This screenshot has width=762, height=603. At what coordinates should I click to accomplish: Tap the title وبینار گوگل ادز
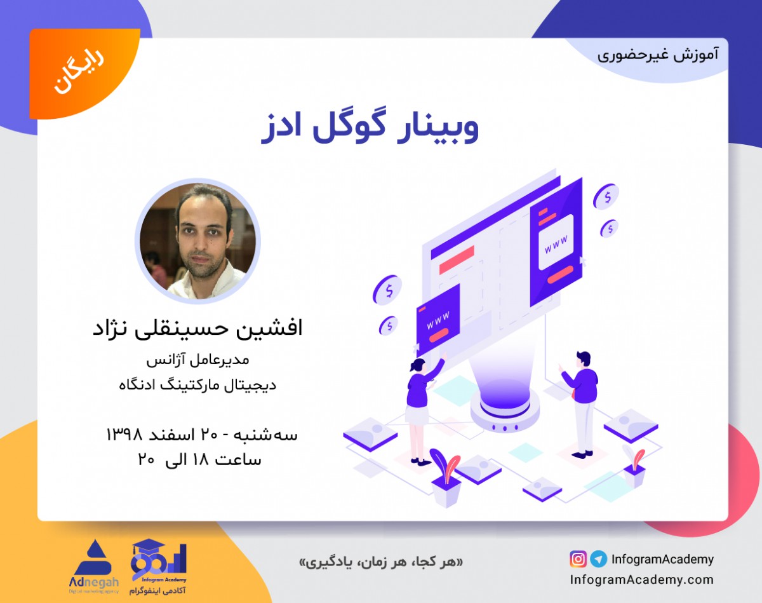[x=370, y=126]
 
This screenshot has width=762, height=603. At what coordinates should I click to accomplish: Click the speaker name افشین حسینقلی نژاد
[x=197, y=328]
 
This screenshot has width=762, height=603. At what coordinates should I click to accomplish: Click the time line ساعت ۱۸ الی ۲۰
[x=199, y=459]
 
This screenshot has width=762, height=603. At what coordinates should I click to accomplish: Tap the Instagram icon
[x=578, y=559]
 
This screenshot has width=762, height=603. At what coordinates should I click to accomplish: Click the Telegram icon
[x=598, y=559]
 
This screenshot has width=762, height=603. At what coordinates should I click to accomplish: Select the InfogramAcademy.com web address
[x=641, y=579]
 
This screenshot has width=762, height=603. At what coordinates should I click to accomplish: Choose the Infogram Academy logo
[x=158, y=567]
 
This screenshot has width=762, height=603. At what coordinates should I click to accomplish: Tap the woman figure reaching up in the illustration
[x=419, y=407]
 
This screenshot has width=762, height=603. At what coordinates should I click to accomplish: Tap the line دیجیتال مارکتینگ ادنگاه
[x=197, y=384]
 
